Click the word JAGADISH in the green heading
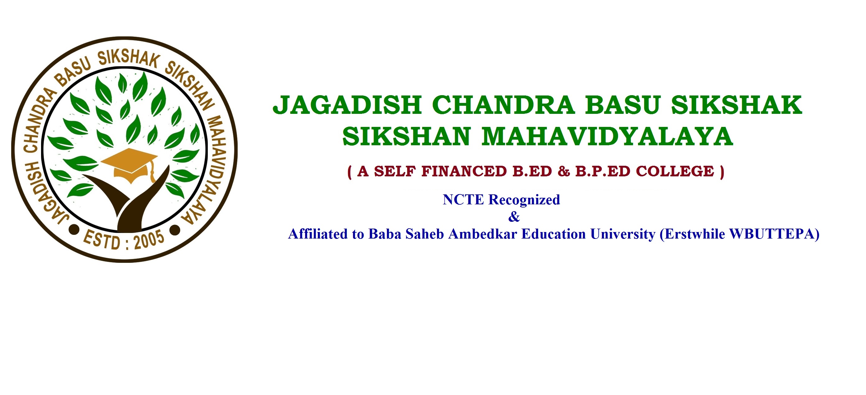347,105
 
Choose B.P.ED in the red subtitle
603,171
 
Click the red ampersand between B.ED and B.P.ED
564,171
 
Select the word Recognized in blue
524,200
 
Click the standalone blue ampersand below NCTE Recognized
514,217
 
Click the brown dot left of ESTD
74,230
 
